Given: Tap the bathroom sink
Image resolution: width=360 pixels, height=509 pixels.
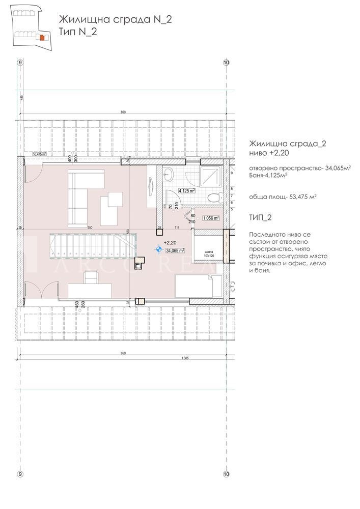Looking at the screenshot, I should [x=170, y=175].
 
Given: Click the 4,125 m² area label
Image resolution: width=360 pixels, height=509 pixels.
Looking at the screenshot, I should [x=186, y=191].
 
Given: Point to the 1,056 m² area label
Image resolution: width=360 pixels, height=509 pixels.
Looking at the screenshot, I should [x=210, y=218].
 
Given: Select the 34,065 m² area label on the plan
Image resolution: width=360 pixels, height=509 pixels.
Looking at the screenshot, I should [x=174, y=250].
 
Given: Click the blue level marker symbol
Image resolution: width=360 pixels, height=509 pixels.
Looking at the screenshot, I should [x=159, y=249].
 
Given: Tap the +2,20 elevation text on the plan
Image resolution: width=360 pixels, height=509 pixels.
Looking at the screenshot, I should [x=170, y=243].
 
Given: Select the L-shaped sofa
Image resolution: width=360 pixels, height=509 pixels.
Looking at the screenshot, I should [x=84, y=195].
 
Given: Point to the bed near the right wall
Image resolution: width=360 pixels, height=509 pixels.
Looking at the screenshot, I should [x=198, y=287].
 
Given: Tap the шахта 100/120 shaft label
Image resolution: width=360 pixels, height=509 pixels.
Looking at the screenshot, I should [x=207, y=253].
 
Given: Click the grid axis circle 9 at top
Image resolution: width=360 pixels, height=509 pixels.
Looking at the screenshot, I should [x=20, y=62].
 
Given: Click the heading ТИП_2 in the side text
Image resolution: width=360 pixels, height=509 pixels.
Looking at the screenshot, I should [x=260, y=217].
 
